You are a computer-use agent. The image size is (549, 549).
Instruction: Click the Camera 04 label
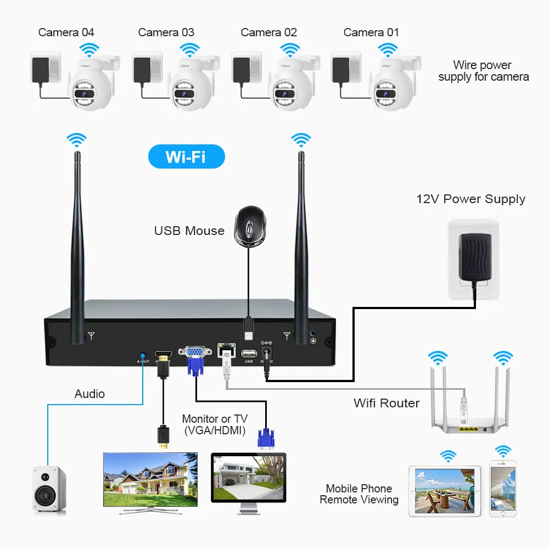click(66, 32)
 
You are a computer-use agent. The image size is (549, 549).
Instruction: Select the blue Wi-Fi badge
click(186, 157)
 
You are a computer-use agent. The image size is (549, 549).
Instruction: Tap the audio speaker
click(49, 489)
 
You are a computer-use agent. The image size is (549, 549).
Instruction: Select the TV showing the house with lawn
click(150, 479)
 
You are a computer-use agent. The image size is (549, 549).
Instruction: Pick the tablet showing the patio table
click(445, 490)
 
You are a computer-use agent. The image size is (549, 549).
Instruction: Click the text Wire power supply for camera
click(483, 71)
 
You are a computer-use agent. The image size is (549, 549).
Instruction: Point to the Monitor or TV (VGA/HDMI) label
click(214, 424)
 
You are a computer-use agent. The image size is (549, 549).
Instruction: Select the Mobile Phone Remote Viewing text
click(359, 494)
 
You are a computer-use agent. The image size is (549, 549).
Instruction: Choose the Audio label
click(89, 394)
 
